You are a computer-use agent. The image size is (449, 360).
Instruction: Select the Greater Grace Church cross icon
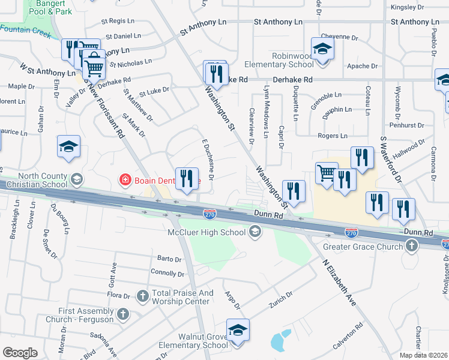[411, 245]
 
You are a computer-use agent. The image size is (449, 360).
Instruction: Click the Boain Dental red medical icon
[125, 179]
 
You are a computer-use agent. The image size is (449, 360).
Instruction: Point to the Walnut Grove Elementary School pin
[238, 330]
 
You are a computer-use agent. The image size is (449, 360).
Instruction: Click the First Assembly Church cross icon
[122, 314]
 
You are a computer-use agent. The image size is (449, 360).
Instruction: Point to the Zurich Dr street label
[280, 296]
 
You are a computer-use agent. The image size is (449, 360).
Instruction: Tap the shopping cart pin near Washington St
[327, 173]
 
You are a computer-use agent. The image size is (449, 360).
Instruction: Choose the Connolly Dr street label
[167, 274]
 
